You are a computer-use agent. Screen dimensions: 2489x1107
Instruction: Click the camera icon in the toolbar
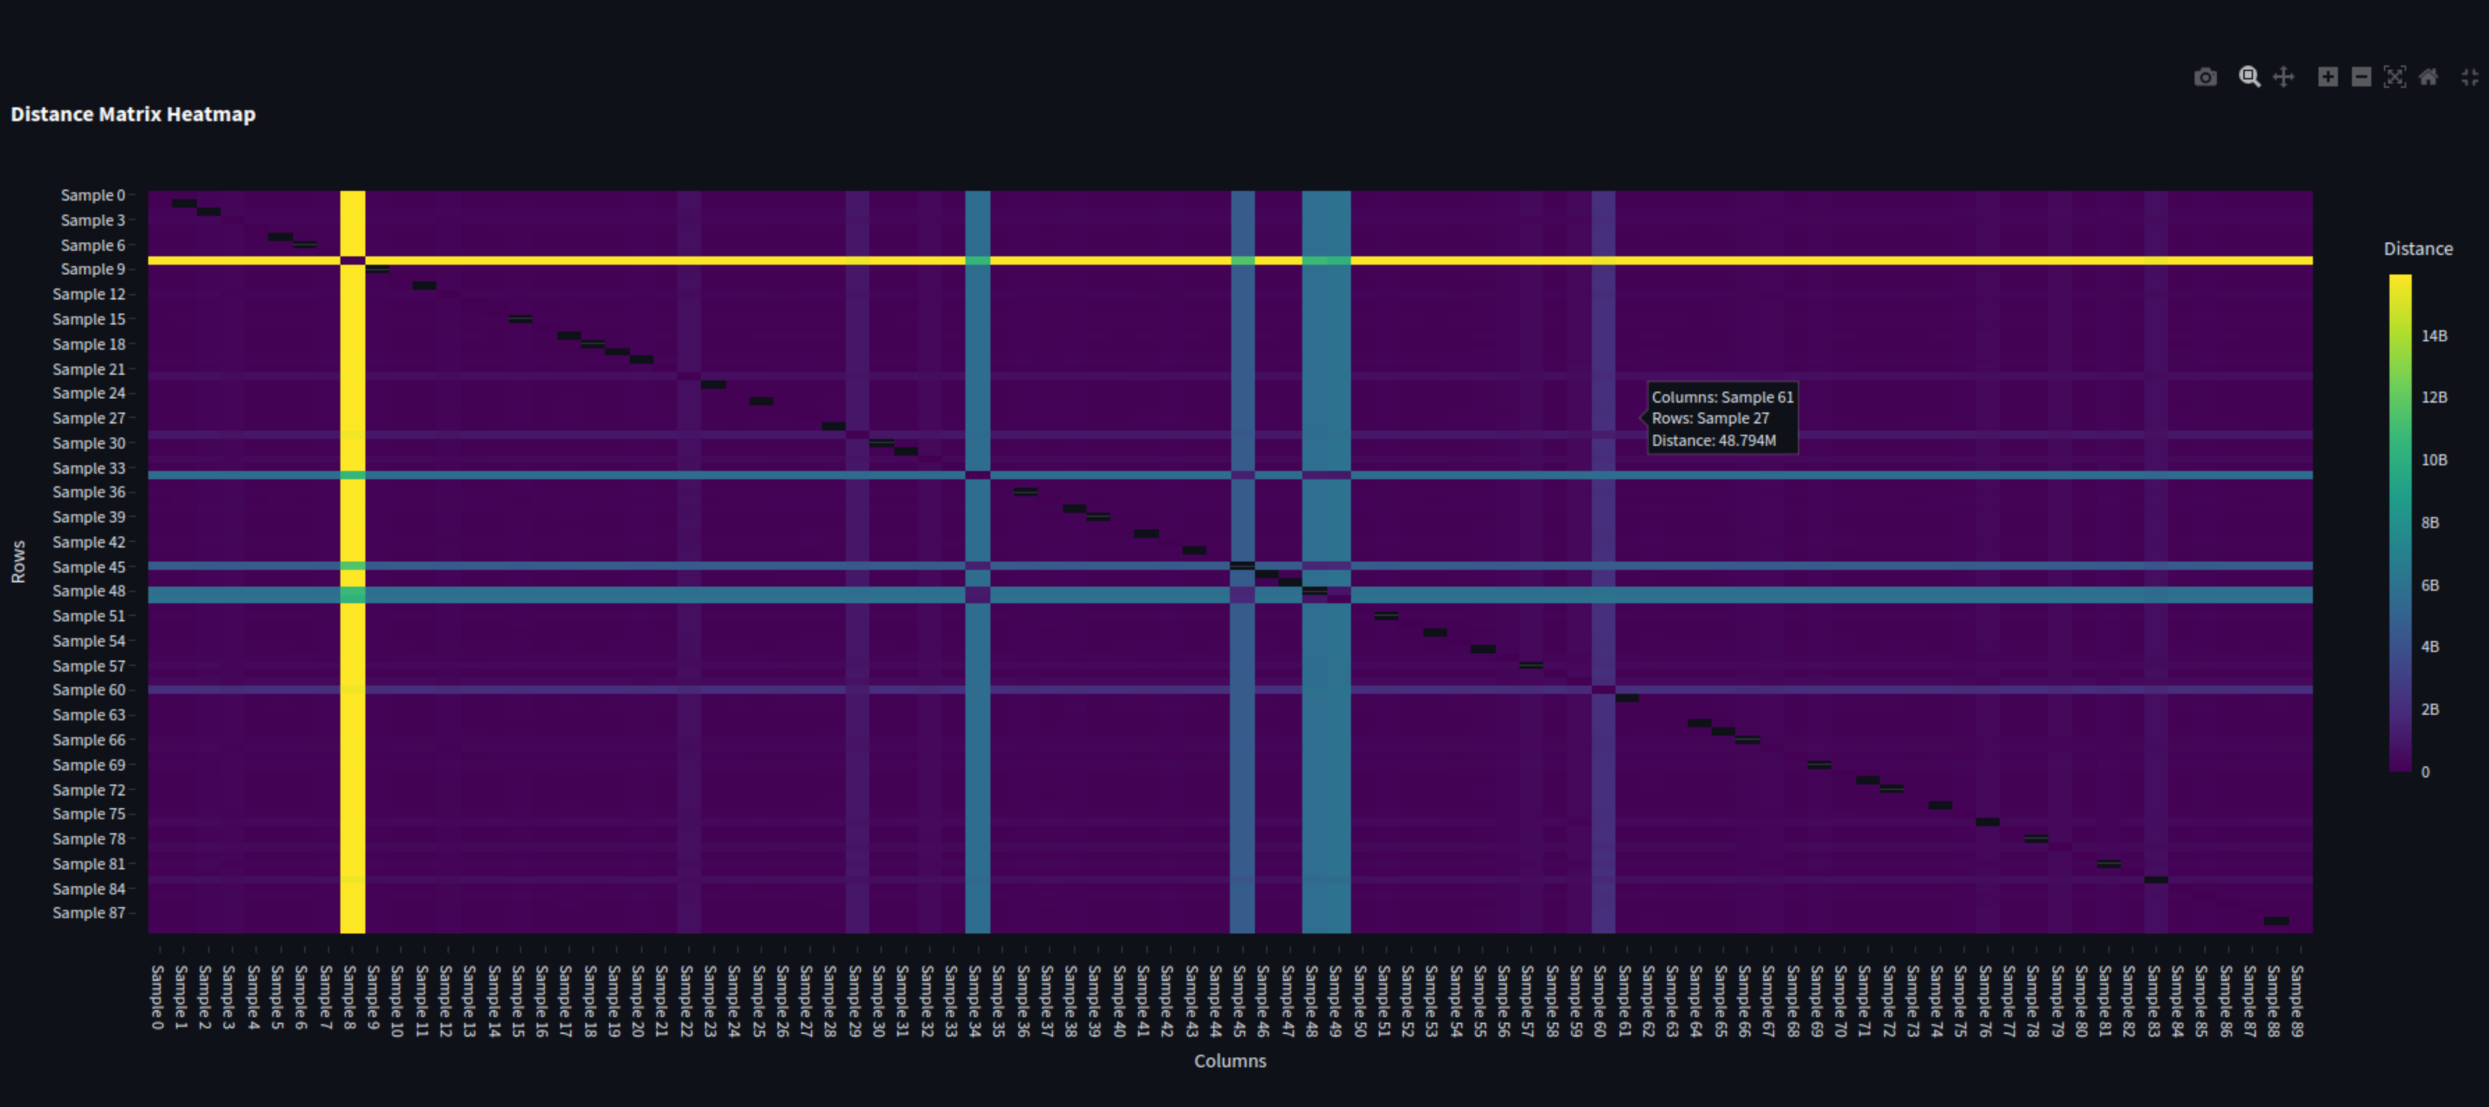point(2205,77)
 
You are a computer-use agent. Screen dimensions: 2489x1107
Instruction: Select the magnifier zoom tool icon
point(2250,77)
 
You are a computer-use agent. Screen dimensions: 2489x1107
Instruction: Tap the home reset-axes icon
point(2428,77)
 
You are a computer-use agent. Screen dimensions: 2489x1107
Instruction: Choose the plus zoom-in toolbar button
point(2328,77)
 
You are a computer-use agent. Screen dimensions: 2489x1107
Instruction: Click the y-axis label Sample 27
point(89,418)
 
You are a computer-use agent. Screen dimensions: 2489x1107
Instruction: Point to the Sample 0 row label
point(93,195)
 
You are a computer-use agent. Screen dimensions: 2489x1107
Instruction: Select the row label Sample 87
point(89,913)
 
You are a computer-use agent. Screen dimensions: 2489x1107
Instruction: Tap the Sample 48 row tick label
point(89,591)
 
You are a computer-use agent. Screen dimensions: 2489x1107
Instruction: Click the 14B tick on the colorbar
point(2434,336)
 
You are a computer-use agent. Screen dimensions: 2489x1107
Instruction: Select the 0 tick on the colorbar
point(2425,771)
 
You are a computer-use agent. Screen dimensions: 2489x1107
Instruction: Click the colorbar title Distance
point(2417,249)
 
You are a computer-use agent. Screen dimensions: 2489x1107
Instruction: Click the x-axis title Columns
point(1230,1060)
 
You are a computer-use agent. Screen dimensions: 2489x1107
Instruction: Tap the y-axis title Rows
point(18,562)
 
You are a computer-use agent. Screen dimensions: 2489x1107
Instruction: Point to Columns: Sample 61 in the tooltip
point(1722,397)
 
